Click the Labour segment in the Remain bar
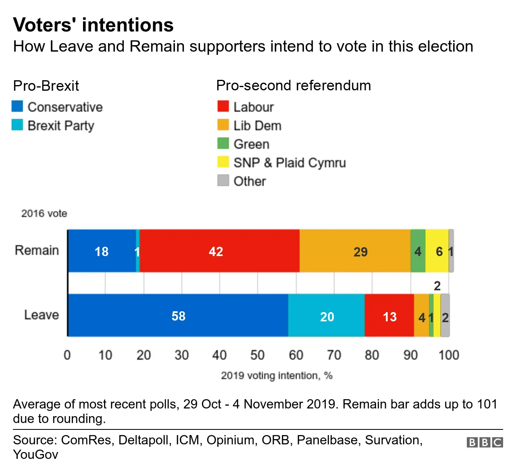pyautogui.click(x=219, y=251)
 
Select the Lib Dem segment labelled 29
pyautogui.click(x=355, y=251)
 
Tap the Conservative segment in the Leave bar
pyautogui.click(x=178, y=315)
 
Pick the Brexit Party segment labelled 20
pyautogui.click(x=326, y=315)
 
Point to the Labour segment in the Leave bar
pyautogui.click(x=389, y=315)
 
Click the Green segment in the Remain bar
pyautogui.click(x=418, y=251)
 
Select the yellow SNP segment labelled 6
pyautogui.click(x=437, y=251)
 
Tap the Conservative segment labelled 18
pyautogui.click(x=102, y=251)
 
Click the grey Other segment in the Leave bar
pyautogui.click(x=445, y=315)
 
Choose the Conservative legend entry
pyautogui.click(x=64, y=107)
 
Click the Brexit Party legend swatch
pyautogui.click(x=17, y=125)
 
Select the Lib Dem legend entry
pyautogui.click(x=257, y=125)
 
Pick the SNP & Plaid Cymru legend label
pyautogui.click(x=289, y=162)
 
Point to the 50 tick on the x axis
pyautogui.click(x=257, y=355)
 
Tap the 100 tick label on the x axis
pyautogui.click(x=448, y=355)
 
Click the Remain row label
pyautogui.click(x=37, y=250)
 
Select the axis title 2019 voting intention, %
pyautogui.click(x=277, y=375)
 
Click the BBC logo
pyautogui.click(x=485, y=442)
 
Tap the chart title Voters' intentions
pyautogui.click(x=93, y=25)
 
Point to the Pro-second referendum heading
pyautogui.click(x=293, y=85)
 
